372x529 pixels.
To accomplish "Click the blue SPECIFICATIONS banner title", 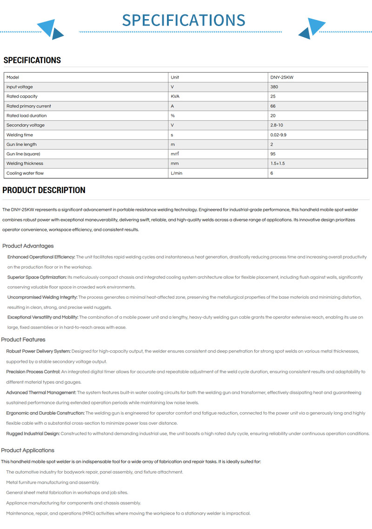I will coord(184,20).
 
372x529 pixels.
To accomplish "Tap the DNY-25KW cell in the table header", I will coord(282,77).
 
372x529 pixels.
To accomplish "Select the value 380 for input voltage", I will coord(274,87).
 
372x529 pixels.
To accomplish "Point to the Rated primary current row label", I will coord(29,106).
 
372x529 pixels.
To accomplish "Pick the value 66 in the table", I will coord(273,106).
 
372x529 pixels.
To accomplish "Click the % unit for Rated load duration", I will coord(173,116).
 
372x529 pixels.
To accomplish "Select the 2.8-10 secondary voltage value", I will coord(277,125).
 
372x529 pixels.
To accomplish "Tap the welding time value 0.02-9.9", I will coord(279,135).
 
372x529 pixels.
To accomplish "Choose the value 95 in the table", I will coord(273,154).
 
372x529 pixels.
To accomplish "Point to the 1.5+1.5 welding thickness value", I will coord(278,164).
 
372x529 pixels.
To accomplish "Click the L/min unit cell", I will coord(176,173).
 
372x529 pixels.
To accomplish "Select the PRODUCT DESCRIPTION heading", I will coord(44,190).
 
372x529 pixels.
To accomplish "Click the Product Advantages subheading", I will coord(28,246).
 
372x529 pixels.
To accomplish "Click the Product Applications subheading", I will coord(28,450).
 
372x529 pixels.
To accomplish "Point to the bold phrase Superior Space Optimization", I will coord(37,277).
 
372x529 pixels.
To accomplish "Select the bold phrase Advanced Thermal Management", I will coord(41,393).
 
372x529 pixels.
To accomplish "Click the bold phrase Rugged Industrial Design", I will coord(33,434).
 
